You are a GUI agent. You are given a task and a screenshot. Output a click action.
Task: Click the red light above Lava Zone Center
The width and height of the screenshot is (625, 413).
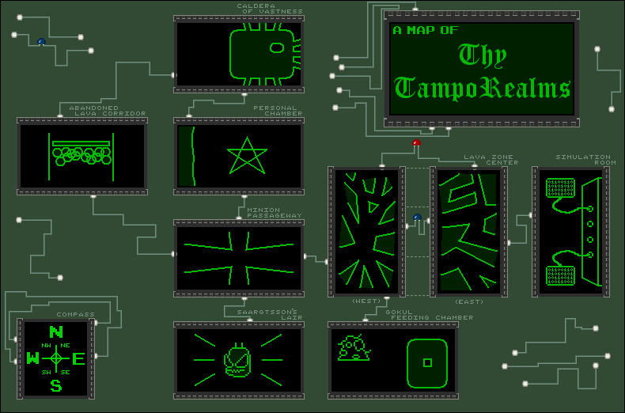[416, 143]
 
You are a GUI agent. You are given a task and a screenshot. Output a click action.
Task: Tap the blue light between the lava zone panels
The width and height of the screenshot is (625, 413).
[417, 218]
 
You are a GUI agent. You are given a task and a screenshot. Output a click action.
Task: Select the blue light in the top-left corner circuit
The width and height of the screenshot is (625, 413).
[41, 42]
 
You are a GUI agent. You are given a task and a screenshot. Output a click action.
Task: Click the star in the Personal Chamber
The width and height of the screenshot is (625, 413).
[246, 156]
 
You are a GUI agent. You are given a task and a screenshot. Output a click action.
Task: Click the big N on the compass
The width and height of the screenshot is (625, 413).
[56, 332]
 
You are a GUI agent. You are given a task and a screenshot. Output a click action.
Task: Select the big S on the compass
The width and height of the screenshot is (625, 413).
[56, 386]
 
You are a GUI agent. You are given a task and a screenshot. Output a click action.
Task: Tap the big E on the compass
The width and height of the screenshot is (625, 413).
[78, 358]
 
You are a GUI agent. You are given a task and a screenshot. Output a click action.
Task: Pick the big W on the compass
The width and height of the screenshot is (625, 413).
[33, 359]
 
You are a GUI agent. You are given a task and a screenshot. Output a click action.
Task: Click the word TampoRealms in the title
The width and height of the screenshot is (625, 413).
[483, 86]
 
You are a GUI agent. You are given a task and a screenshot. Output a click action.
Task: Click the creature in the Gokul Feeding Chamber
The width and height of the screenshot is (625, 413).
[353, 347]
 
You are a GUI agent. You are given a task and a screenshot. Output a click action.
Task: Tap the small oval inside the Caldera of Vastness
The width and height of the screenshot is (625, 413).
[277, 47]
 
